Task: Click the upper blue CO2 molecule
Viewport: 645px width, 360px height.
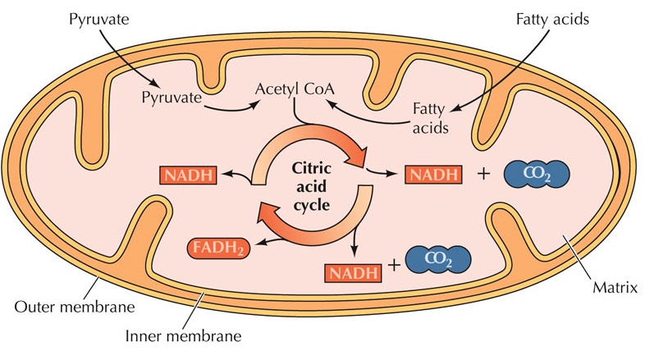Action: click(536, 174)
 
